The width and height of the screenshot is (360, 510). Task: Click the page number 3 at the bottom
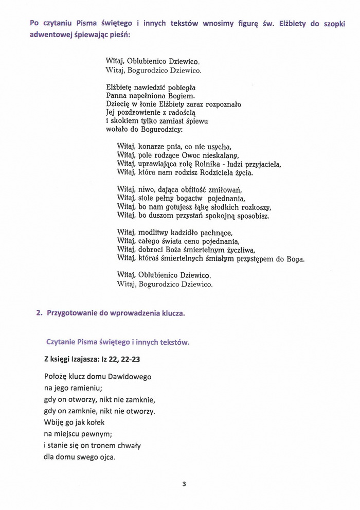coord(184,484)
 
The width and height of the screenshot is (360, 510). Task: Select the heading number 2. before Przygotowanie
coord(39,312)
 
